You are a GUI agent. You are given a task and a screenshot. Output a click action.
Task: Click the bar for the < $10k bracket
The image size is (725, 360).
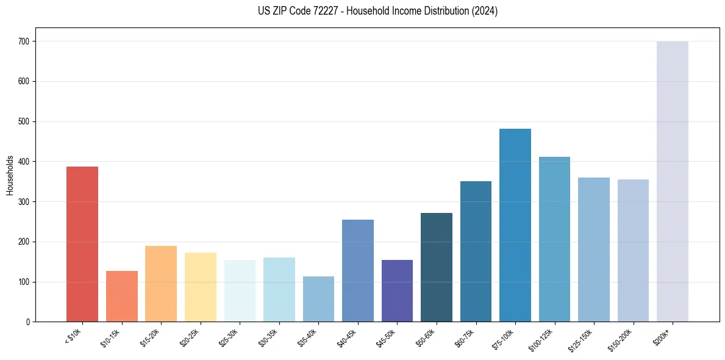click(x=82, y=244)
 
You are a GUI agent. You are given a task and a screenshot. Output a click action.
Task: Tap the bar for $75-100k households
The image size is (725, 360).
click(x=515, y=225)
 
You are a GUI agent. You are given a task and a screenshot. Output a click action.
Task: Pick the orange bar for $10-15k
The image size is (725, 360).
click(x=122, y=296)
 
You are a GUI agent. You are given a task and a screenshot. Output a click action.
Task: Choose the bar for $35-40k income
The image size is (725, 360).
click(x=318, y=299)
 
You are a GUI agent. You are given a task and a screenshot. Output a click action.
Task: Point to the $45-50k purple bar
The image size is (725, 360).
click(x=397, y=290)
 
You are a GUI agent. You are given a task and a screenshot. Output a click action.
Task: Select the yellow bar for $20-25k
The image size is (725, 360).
click(x=201, y=287)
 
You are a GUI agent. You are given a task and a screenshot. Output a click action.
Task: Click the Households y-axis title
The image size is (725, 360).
click(x=10, y=175)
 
